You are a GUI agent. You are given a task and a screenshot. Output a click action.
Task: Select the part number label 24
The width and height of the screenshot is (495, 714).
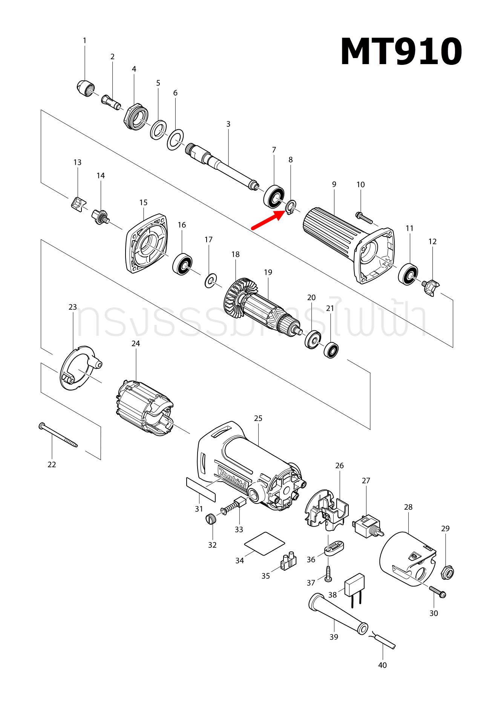136,344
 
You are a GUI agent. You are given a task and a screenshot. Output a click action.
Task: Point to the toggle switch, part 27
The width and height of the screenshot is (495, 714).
368,526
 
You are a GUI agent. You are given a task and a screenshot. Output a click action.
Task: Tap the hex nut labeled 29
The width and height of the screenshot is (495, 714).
447,573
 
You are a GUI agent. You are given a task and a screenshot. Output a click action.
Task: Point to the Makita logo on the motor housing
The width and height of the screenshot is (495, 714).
233,479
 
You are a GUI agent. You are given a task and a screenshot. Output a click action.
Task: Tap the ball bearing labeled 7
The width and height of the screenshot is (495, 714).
274,196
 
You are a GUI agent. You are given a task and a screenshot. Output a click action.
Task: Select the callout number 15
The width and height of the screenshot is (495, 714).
143,203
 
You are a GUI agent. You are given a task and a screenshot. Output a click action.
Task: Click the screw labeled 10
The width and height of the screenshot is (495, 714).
364,218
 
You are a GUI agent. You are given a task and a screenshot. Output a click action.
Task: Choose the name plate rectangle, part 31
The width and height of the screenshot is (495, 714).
201,490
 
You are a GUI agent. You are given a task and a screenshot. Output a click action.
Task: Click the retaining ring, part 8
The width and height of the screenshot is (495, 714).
291,207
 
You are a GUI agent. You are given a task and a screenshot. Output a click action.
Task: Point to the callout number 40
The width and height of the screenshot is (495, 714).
382,665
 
